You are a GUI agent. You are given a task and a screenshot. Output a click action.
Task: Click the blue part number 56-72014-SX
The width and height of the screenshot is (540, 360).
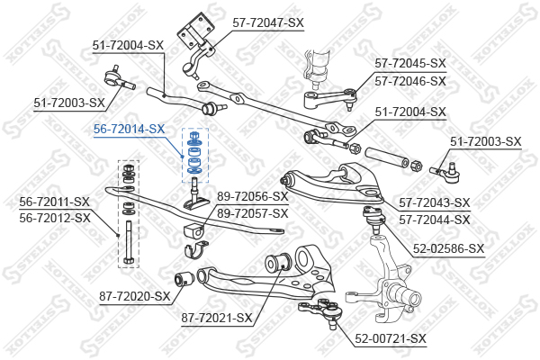click(129, 130)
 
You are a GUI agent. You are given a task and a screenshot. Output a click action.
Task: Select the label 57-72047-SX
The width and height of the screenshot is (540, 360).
click(268, 23)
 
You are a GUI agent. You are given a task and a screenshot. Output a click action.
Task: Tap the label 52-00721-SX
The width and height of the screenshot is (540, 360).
click(391, 338)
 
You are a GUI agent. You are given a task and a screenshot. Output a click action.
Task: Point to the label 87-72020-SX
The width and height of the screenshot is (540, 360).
click(135, 296)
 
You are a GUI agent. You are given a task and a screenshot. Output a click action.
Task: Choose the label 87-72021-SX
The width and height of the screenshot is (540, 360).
click(217, 318)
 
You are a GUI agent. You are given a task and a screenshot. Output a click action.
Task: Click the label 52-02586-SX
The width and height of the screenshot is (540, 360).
click(448, 248)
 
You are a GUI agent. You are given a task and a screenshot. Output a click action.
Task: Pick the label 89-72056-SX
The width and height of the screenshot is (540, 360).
click(252, 197)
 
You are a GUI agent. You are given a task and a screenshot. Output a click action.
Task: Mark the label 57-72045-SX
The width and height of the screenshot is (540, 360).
click(410, 63)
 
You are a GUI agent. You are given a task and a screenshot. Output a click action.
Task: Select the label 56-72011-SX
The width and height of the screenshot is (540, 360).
click(54, 202)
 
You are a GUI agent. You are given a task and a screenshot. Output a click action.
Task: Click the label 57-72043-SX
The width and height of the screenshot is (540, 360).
click(435, 202)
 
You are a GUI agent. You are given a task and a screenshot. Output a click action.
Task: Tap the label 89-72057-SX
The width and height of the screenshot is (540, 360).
click(252, 213)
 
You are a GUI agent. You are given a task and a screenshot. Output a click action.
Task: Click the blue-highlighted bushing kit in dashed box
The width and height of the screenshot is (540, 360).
click(195, 155)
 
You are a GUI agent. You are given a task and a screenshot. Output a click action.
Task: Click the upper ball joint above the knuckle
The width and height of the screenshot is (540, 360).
click(373, 219)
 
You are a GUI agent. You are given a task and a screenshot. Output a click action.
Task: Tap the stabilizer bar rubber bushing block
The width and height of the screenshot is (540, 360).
click(194, 230)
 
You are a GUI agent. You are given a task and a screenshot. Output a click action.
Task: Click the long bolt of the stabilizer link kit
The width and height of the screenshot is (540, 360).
click(128, 242)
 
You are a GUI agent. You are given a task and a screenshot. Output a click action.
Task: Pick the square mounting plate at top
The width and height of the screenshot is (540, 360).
click(195, 31)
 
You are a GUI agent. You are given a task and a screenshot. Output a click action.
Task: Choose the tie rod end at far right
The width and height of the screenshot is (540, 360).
click(445, 172)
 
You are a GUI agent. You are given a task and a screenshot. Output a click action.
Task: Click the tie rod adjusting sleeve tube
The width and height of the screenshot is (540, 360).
click(386, 157)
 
